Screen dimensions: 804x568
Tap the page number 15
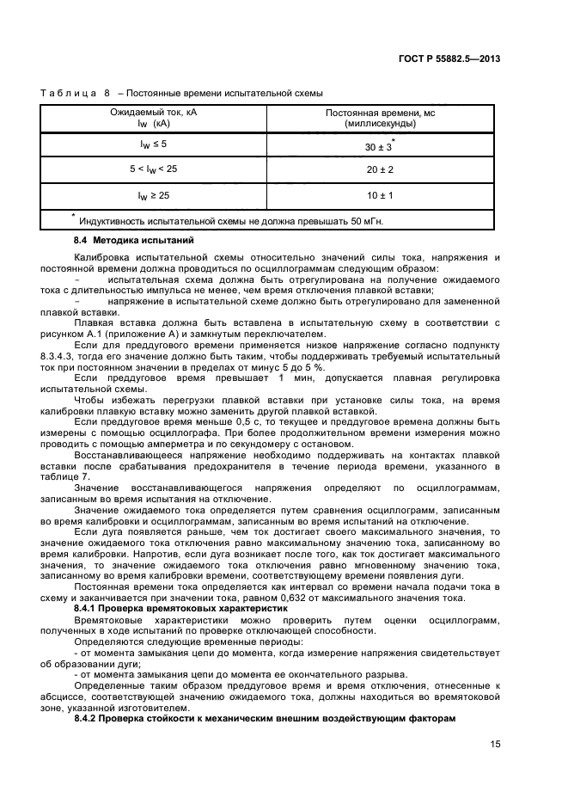[x=495, y=745]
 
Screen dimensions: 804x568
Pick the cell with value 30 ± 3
[x=377, y=147]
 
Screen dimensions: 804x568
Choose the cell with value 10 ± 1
[x=379, y=196]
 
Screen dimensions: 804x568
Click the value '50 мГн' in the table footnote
[x=365, y=221]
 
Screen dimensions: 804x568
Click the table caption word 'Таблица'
[x=68, y=93]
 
